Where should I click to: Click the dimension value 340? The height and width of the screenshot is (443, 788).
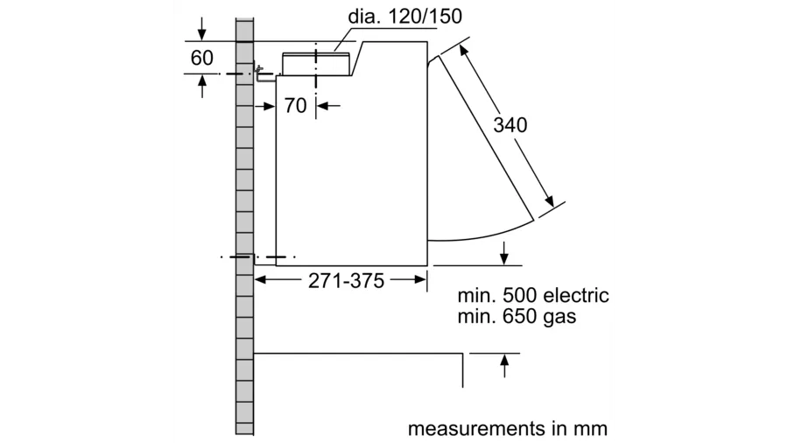[x=510, y=124]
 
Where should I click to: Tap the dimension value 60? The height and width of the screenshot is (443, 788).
[x=202, y=59]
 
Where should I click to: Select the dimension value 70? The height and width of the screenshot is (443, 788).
[x=296, y=106]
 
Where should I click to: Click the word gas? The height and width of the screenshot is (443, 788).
[x=559, y=316]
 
